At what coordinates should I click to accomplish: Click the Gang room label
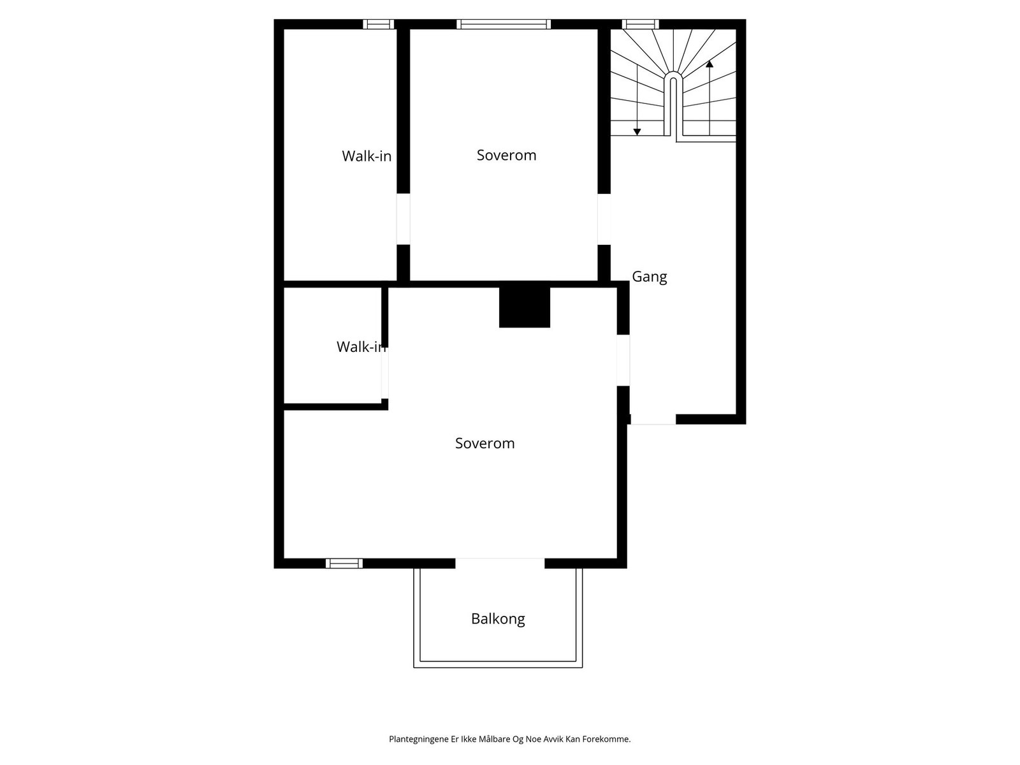[649, 277]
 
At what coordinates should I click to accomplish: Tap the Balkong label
[498, 618]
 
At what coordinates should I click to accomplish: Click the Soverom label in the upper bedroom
[506, 155]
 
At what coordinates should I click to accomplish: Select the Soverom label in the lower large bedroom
[484, 443]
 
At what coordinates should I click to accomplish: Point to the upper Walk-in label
[367, 156]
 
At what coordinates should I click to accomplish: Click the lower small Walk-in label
[361, 347]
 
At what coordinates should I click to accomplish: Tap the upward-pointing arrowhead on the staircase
[710, 64]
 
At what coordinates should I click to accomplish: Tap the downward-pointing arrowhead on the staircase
[637, 131]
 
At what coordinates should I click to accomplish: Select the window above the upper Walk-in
[379, 24]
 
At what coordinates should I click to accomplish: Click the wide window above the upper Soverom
[503, 24]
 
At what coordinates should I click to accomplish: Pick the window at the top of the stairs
[641, 24]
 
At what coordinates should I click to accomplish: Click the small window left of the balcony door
[344, 563]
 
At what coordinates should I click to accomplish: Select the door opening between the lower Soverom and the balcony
[500, 563]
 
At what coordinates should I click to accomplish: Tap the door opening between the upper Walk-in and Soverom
[403, 219]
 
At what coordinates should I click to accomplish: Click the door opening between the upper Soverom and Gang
[604, 219]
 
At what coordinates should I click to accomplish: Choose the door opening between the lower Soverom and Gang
[623, 360]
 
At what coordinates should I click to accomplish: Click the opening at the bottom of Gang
[653, 419]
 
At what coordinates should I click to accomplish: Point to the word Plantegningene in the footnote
[412, 739]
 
